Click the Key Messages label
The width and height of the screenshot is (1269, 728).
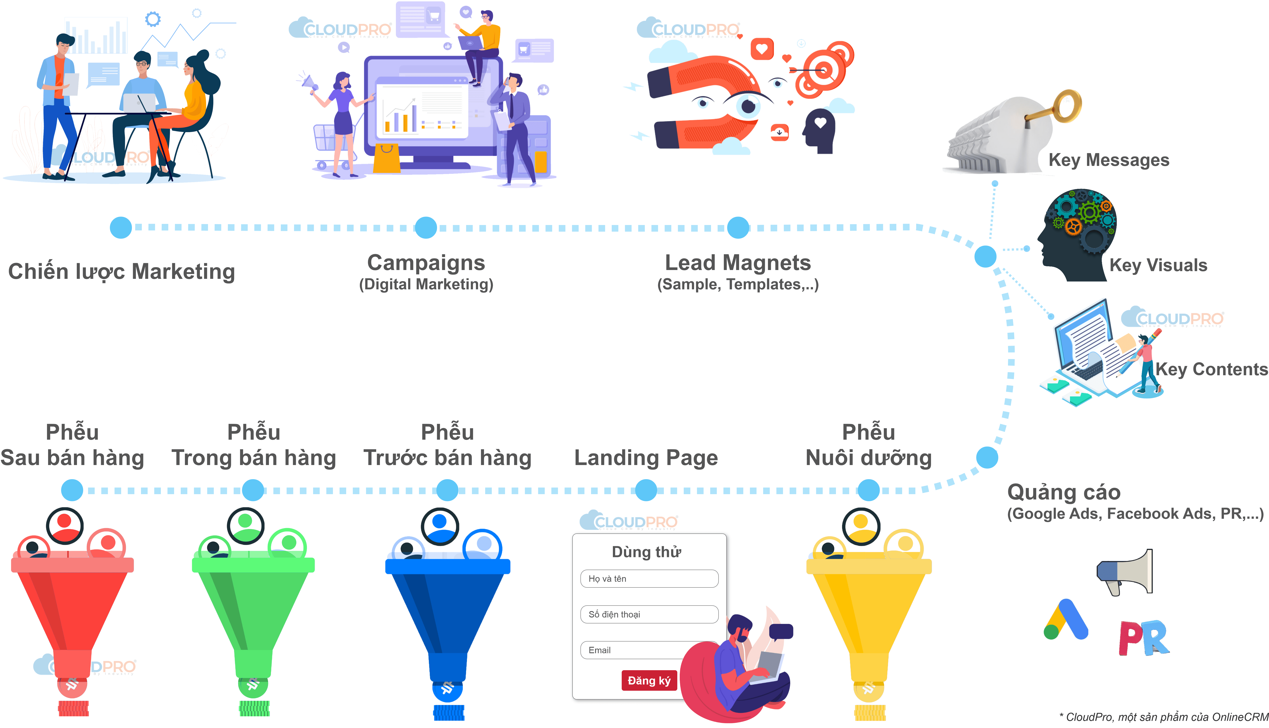tap(1109, 160)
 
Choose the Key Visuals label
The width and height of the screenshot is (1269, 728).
tap(1158, 265)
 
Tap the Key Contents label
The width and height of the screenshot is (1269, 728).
tap(1211, 369)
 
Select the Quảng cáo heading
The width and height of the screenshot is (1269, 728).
tap(1064, 492)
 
